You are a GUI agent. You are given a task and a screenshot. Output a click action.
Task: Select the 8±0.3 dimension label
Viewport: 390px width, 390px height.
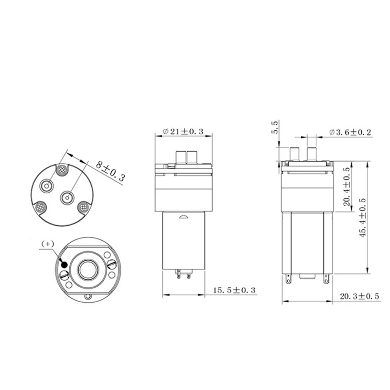click(x=110, y=171)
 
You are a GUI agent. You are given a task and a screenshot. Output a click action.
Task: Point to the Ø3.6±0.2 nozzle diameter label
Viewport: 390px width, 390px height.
click(x=350, y=132)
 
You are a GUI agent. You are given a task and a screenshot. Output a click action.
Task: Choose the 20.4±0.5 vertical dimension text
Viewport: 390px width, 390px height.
click(x=347, y=188)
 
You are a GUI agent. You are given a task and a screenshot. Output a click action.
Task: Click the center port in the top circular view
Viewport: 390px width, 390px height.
click(x=67, y=197)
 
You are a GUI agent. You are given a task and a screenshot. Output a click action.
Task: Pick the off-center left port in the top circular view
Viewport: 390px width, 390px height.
click(x=49, y=186)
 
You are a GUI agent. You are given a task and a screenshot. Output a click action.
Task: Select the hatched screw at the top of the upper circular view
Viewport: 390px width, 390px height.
click(x=62, y=171)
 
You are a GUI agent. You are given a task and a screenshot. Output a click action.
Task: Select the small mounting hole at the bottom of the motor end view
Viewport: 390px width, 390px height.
click(x=88, y=297)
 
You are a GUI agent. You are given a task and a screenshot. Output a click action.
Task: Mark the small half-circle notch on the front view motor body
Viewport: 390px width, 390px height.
click(x=183, y=217)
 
